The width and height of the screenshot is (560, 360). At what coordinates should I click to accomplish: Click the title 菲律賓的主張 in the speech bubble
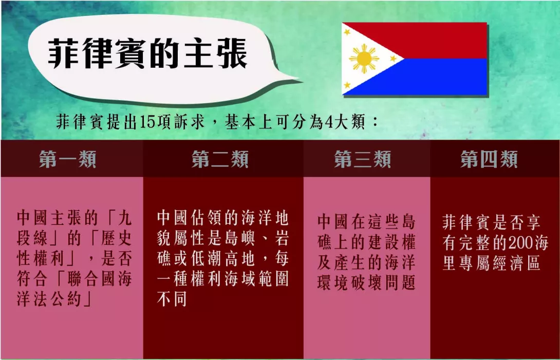[x=147, y=54]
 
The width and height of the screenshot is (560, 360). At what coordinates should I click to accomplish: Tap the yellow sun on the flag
[x=364, y=59]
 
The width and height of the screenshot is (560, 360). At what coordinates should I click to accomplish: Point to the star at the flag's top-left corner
[x=347, y=32]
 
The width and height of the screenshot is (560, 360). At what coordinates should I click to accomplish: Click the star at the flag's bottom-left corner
[x=347, y=85]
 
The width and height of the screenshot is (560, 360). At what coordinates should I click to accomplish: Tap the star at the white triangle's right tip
[x=393, y=58]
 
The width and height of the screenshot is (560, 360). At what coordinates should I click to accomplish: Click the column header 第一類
[x=68, y=159]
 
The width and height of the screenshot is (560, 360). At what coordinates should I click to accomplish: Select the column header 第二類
[x=220, y=159]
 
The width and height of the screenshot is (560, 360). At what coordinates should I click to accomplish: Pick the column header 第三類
[x=363, y=159]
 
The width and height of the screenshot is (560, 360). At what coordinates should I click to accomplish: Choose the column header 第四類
[x=489, y=159]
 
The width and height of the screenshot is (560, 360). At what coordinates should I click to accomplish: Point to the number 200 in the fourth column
[x=521, y=243]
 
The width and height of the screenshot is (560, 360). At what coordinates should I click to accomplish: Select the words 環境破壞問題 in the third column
[x=366, y=282]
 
